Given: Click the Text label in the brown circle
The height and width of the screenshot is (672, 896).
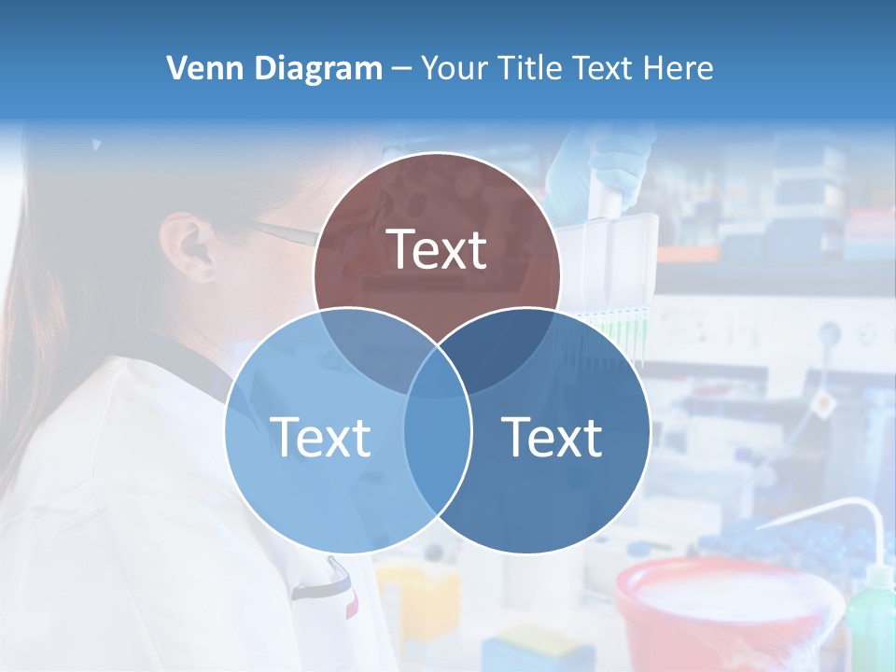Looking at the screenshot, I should tap(437, 249).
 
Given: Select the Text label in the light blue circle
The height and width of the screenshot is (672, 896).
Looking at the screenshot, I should tap(320, 437).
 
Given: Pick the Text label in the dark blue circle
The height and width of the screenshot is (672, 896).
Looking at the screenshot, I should tap(553, 437).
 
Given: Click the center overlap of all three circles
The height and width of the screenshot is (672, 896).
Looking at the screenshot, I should tap(437, 373).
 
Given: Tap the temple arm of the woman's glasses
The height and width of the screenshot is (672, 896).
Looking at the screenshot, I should tap(280, 231).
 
